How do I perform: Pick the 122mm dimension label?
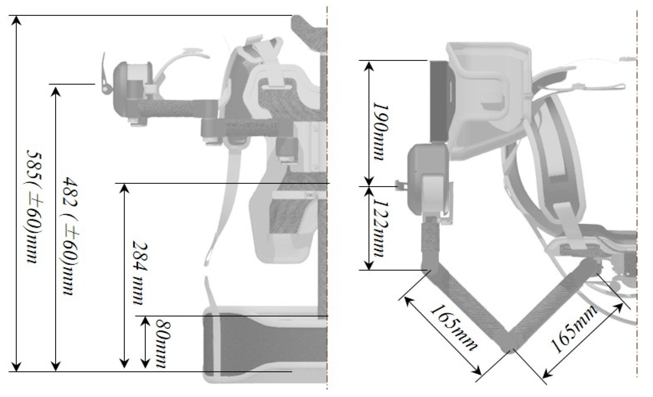pos(381,228)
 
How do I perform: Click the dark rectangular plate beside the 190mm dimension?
pos(439,101)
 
